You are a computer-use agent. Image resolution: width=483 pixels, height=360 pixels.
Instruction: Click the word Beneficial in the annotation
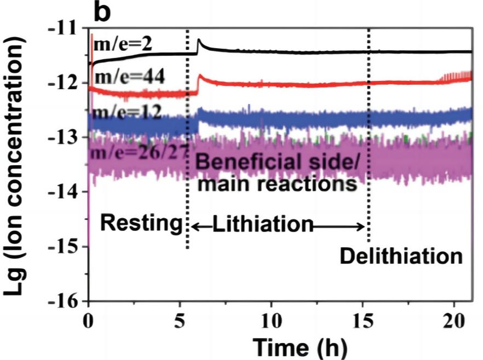pos(248,162)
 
